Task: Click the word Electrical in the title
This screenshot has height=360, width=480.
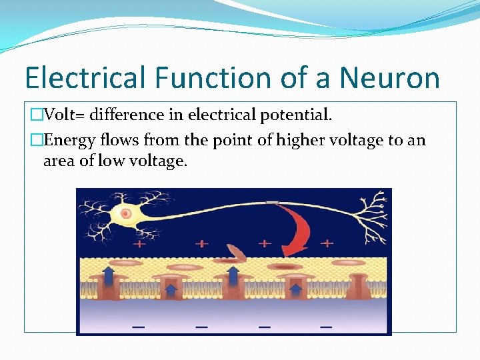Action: point(85,78)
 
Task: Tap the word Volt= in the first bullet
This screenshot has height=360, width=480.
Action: point(65,115)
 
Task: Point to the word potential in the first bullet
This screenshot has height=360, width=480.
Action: point(293,115)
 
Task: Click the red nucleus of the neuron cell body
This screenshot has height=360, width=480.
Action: point(125,213)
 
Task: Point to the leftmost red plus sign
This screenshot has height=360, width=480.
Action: point(139,244)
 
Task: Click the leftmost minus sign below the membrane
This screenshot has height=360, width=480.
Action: point(139,327)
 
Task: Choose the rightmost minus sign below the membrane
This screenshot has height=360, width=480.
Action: point(326,327)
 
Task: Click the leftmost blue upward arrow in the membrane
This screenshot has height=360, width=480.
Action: point(107,274)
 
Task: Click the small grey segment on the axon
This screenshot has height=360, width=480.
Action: point(271,203)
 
